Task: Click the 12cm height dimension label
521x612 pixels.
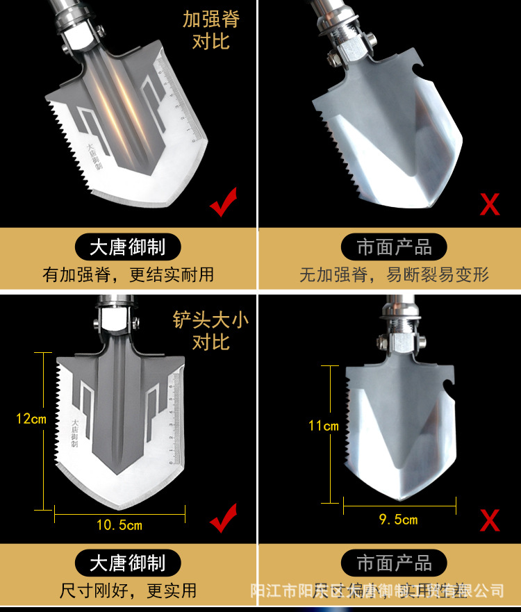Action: [31, 419]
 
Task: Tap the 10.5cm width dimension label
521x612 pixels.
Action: [119, 525]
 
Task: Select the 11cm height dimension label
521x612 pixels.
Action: [324, 425]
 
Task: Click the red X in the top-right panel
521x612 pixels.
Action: [490, 204]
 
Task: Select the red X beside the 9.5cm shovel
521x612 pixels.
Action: [490, 520]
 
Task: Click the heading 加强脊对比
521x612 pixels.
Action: [210, 29]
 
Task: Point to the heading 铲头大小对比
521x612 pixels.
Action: [210, 331]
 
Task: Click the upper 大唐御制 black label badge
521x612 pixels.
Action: [128, 247]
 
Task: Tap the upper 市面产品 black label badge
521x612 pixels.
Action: [394, 247]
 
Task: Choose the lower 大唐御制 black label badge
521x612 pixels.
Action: [128, 562]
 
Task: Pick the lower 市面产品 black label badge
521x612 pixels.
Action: [394, 562]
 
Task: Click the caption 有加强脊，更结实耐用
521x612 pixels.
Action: [129, 274]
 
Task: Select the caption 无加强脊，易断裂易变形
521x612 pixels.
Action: [394, 274]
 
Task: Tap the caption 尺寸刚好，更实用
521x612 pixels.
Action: [129, 590]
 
